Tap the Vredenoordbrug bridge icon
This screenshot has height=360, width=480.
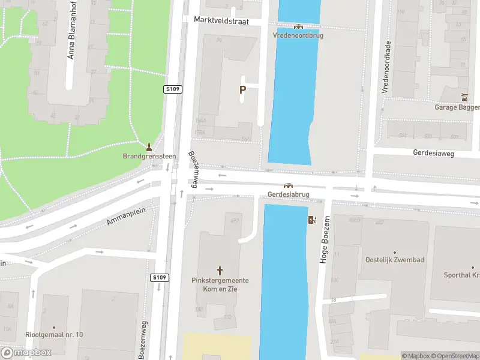pyautogui.click(x=298, y=26)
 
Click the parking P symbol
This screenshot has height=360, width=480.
pyautogui.click(x=243, y=90)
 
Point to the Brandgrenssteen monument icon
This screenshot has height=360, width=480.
pyautogui.click(x=149, y=146)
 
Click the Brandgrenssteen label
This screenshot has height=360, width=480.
pyautogui.click(x=149, y=157)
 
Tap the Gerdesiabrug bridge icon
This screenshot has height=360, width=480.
pyautogui.click(x=288, y=186)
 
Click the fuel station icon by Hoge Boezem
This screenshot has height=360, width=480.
pyautogui.click(x=312, y=220)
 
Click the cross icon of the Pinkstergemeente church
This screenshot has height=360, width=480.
pyautogui.click(x=220, y=271)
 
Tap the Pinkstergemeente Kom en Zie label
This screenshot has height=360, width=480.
pyautogui.click(x=220, y=284)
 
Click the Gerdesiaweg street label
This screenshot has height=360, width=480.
pyautogui.click(x=433, y=153)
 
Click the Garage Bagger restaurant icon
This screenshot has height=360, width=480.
pyautogui.click(x=464, y=97)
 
